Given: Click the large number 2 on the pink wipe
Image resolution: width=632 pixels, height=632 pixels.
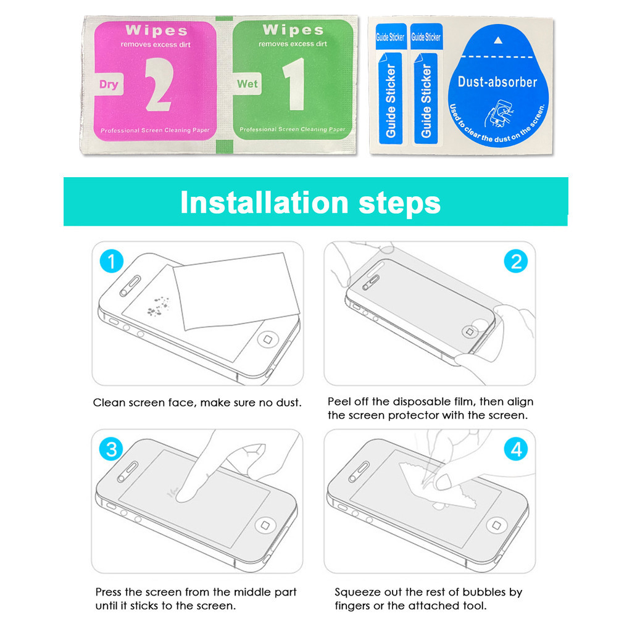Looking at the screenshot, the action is pyautogui.click(x=160, y=84).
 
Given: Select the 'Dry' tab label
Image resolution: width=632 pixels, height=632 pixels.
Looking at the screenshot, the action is pyautogui.click(x=109, y=84).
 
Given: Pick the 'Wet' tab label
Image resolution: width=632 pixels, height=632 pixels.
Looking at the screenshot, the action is pyautogui.click(x=247, y=84).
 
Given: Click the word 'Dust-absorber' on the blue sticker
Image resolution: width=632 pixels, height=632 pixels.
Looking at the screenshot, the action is pyautogui.click(x=497, y=82).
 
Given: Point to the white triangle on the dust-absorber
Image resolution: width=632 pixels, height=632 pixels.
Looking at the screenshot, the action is pyautogui.click(x=498, y=40).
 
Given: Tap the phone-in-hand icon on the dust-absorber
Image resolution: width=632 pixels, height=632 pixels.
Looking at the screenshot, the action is pyautogui.click(x=498, y=114).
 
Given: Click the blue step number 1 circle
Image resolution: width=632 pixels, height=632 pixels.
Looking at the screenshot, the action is pyautogui.click(x=112, y=261).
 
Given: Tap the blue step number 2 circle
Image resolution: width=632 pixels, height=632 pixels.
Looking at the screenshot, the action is pyautogui.click(x=516, y=261).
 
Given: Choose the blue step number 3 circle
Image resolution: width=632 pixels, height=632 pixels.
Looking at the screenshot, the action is pyautogui.click(x=112, y=449).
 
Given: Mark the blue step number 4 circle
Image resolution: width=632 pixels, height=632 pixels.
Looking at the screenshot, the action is pyautogui.click(x=516, y=449).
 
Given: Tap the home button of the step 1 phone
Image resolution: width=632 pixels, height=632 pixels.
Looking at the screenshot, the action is pyautogui.click(x=267, y=339).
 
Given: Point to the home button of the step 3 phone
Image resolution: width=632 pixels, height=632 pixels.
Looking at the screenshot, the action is pyautogui.click(x=265, y=525).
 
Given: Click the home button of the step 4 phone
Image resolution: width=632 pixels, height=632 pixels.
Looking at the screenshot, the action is pyautogui.click(x=497, y=525).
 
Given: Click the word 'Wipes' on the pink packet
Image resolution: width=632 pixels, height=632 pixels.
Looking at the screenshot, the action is pyautogui.click(x=156, y=31).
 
